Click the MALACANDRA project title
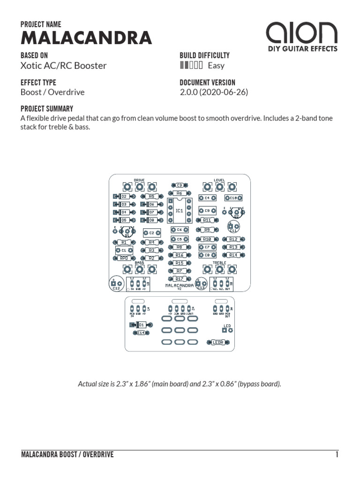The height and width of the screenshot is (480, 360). click(86, 38)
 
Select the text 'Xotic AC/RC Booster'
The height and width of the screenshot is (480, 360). click(64, 66)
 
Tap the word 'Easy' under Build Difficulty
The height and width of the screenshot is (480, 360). click(216, 66)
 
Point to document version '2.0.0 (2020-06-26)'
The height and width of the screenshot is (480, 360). click(214, 92)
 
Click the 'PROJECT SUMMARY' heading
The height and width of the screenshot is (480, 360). click(47, 109)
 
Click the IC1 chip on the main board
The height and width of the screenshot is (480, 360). click(179, 211)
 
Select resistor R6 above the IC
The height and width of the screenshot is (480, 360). click(179, 193)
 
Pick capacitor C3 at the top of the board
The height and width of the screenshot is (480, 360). click(179, 186)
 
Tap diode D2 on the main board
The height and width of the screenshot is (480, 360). click(124, 196)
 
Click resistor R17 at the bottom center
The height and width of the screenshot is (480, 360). click(179, 279)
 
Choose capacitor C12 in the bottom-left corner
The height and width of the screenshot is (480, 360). click(116, 284)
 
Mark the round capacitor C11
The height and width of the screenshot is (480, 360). click(232, 226)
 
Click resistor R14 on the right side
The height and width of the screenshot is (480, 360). click(233, 255)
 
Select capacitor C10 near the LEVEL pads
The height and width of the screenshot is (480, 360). click(233, 198)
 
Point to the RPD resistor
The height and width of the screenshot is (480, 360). click(124, 258)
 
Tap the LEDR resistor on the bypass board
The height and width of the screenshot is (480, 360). click(218, 342)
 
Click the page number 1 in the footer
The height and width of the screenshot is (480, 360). click(337, 455)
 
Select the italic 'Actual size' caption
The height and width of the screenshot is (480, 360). click(180, 384)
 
